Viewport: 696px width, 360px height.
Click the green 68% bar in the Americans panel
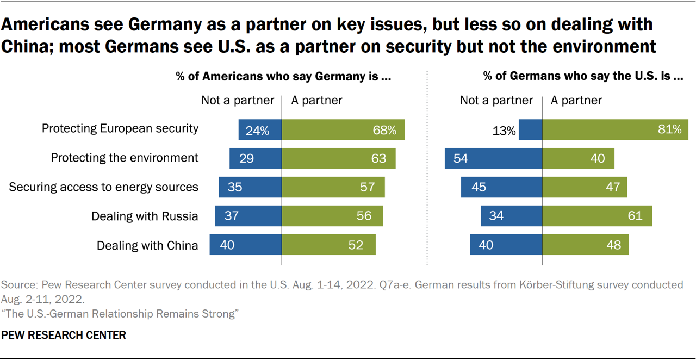[343, 129]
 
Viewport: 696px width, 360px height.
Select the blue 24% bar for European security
[260, 129]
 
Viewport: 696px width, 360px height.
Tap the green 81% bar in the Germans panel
[615, 129]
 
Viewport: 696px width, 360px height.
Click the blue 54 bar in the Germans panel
[493, 158]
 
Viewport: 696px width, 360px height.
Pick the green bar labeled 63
[338, 158]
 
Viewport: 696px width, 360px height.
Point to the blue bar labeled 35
[250, 187]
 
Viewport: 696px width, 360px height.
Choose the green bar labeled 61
[597, 216]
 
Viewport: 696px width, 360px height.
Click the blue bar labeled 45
[501, 187]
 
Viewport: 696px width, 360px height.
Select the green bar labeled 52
[328, 245]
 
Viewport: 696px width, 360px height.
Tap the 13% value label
[505, 131]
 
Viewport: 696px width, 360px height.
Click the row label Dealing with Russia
[145, 216]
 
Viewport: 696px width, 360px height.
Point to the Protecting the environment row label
[125, 158]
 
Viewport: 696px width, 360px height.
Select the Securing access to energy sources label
[104, 187]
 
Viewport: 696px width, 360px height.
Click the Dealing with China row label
[147, 245]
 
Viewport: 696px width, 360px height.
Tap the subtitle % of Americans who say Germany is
[283, 76]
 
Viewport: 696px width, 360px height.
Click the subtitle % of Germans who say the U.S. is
[583, 76]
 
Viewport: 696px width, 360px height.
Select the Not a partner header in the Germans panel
[496, 100]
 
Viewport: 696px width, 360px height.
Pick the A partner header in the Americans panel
[317, 100]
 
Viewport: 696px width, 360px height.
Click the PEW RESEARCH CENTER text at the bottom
[64, 336]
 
